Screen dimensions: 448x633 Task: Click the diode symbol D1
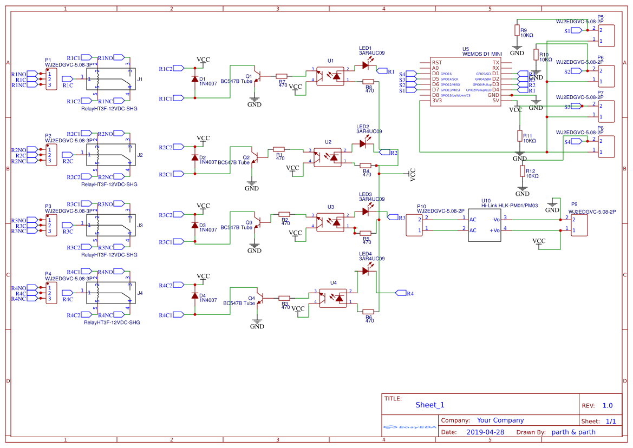[194, 80]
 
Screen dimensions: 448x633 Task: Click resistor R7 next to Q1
[282, 77]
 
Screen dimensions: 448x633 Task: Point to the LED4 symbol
[366, 271]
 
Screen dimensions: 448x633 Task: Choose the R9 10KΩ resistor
[517, 30]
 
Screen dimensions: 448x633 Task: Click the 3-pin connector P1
[51, 80]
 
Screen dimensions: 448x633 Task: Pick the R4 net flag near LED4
[403, 293]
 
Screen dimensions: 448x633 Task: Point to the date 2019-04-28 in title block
[485, 432]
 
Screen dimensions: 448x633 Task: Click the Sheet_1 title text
[429, 405]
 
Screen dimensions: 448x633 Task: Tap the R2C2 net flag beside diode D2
[166, 147]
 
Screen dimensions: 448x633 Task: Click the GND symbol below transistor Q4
[257, 325]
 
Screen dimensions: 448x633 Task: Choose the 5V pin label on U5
[495, 101]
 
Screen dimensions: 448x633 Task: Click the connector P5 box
[606, 35]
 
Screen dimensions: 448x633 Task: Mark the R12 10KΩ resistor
[523, 172]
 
